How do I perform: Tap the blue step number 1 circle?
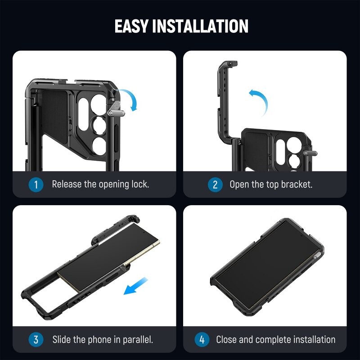36,184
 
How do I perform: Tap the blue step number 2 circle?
215,184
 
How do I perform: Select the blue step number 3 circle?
36,339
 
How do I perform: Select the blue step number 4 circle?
202,339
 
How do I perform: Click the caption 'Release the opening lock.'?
100,184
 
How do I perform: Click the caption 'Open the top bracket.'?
271,184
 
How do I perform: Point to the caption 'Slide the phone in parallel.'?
103,339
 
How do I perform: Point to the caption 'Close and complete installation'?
275,339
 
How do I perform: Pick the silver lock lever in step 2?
310,152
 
